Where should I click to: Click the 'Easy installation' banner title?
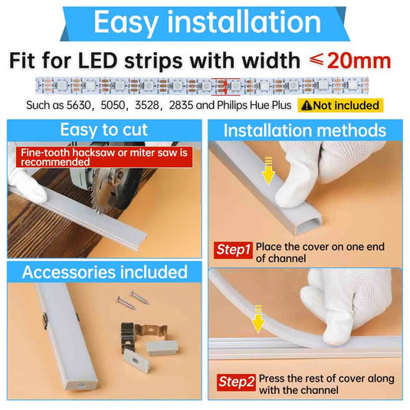pyautogui.click(x=208, y=22)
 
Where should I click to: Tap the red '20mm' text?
pyautogui.click(x=359, y=61)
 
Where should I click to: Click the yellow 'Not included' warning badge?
pyautogui.click(x=340, y=106)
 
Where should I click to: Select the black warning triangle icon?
pyautogui.click(x=307, y=106)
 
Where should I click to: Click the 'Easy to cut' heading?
pyautogui.click(x=103, y=130)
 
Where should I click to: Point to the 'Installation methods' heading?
pyautogui.click(x=305, y=130)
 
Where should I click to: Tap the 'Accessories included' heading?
pyautogui.click(x=104, y=272)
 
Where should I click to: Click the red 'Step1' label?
pyautogui.click(x=233, y=250)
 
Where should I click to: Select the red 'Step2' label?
pyautogui.click(x=236, y=382)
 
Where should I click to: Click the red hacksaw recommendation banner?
pyautogui.click(x=104, y=157)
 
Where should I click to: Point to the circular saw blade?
pyautogui.click(x=113, y=189)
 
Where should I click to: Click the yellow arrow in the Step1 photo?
pyautogui.click(x=268, y=170)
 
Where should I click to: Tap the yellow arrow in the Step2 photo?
pyautogui.click(x=258, y=319)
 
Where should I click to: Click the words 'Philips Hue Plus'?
pyautogui.click(x=254, y=106)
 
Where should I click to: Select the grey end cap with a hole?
pyautogui.click(x=136, y=360)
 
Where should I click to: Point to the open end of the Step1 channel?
pyautogui.click(x=309, y=225)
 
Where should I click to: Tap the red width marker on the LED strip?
pyautogui.click(x=225, y=87)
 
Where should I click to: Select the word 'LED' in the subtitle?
pyautogui.click(x=98, y=61)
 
